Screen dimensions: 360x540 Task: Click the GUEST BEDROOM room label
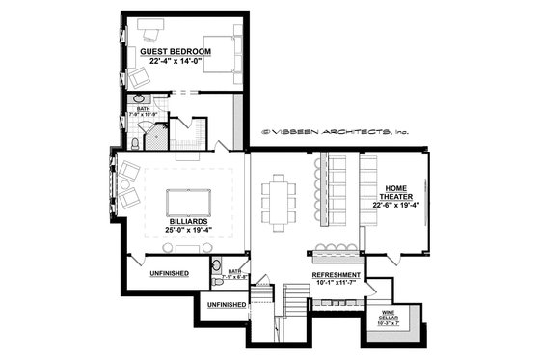click(x=175, y=50)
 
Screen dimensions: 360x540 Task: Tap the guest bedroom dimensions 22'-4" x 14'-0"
click(x=175, y=61)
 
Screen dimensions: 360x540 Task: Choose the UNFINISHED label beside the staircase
click(x=226, y=304)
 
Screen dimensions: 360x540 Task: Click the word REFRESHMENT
click(x=335, y=275)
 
